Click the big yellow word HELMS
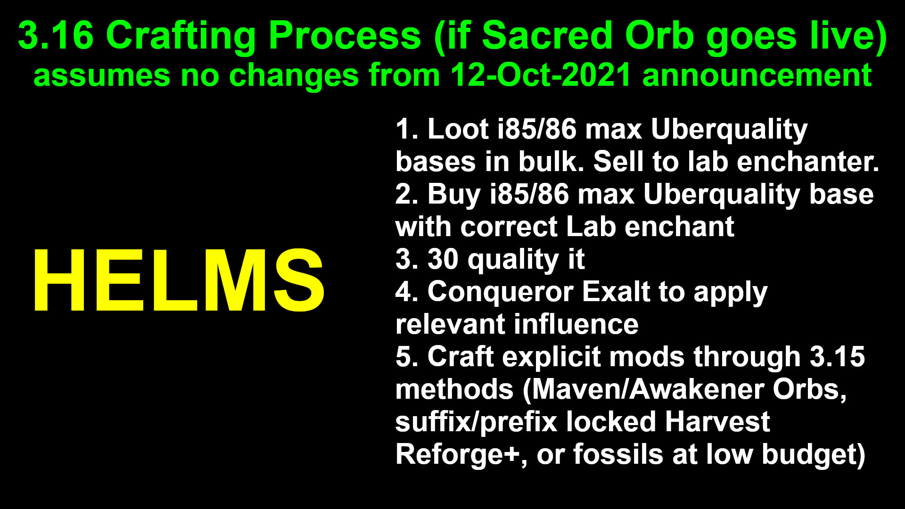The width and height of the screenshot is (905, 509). (x=178, y=280)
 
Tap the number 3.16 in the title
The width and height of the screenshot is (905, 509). (x=56, y=36)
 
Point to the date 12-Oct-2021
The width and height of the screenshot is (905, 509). (x=541, y=75)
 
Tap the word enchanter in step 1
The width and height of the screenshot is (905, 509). (x=807, y=162)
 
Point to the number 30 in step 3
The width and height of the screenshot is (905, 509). (x=443, y=259)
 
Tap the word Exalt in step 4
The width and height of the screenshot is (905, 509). (x=616, y=292)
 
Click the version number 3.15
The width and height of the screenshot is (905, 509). (x=838, y=357)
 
